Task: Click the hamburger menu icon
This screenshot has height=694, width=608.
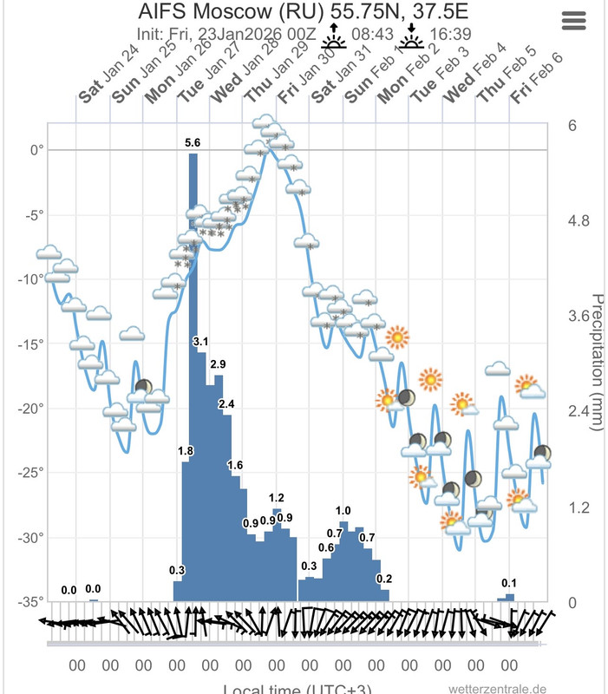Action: [x=574, y=22]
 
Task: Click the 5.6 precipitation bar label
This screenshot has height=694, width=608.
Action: [x=193, y=142]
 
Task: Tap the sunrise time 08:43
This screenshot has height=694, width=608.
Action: [x=372, y=33]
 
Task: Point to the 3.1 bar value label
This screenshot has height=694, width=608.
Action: [x=201, y=342]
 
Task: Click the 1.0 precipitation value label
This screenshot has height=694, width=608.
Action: [x=343, y=511]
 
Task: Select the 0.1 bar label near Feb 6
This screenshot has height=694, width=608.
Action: [x=510, y=583]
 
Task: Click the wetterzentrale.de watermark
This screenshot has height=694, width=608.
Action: [x=498, y=689]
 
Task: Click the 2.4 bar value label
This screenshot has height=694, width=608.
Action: [x=226, y=404]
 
